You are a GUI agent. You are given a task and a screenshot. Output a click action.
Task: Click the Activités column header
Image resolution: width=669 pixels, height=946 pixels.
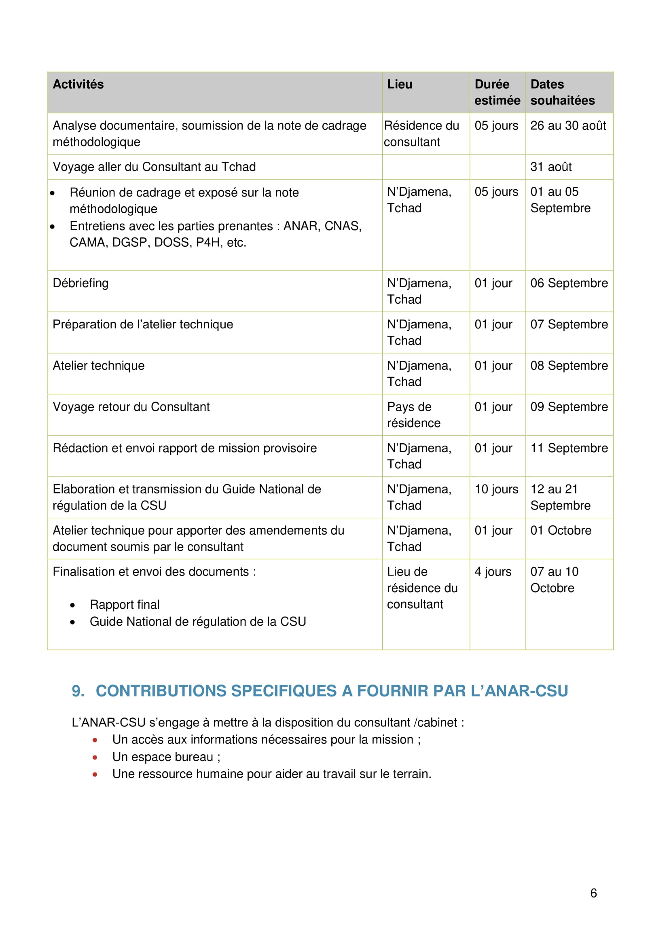78,85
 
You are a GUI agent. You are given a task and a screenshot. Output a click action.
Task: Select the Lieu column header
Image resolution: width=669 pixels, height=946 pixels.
399,85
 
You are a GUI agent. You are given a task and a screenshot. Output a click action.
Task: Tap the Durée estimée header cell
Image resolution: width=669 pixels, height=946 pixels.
497,92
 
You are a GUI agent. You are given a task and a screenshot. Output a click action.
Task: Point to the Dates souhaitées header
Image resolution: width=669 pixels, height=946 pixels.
562,92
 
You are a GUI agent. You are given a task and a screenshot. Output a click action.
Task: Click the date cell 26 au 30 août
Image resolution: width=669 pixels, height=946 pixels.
567,126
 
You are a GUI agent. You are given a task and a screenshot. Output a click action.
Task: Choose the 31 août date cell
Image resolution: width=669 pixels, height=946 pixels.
551,167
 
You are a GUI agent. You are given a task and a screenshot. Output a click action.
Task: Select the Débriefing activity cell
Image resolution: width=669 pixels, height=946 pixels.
81,283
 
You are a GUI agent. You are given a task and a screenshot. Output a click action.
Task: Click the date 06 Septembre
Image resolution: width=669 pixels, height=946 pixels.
569,283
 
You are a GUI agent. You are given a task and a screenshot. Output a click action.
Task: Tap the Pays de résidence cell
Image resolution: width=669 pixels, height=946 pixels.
413,415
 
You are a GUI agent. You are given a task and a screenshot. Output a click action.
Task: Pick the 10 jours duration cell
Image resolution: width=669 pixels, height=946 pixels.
496,489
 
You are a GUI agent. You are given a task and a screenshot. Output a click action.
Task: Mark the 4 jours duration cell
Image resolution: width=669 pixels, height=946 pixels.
493,571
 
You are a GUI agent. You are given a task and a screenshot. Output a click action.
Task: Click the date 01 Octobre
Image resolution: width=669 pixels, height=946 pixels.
561,530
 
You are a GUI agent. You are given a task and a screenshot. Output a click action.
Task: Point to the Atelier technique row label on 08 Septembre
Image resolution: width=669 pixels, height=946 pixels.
99,366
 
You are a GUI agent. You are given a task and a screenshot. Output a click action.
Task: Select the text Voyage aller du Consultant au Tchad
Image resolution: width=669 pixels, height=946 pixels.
154,167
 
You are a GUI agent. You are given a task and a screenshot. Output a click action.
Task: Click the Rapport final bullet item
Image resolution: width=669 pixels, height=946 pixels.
125,604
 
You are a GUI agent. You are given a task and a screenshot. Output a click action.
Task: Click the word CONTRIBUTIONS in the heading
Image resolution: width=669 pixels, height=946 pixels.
161,691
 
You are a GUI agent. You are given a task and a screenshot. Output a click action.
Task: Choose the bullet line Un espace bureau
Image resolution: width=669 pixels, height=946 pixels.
166,757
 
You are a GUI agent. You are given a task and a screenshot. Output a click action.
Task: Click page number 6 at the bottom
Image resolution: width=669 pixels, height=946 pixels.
593,893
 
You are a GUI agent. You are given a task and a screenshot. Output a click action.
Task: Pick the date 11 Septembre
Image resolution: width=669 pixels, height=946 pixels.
569,448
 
